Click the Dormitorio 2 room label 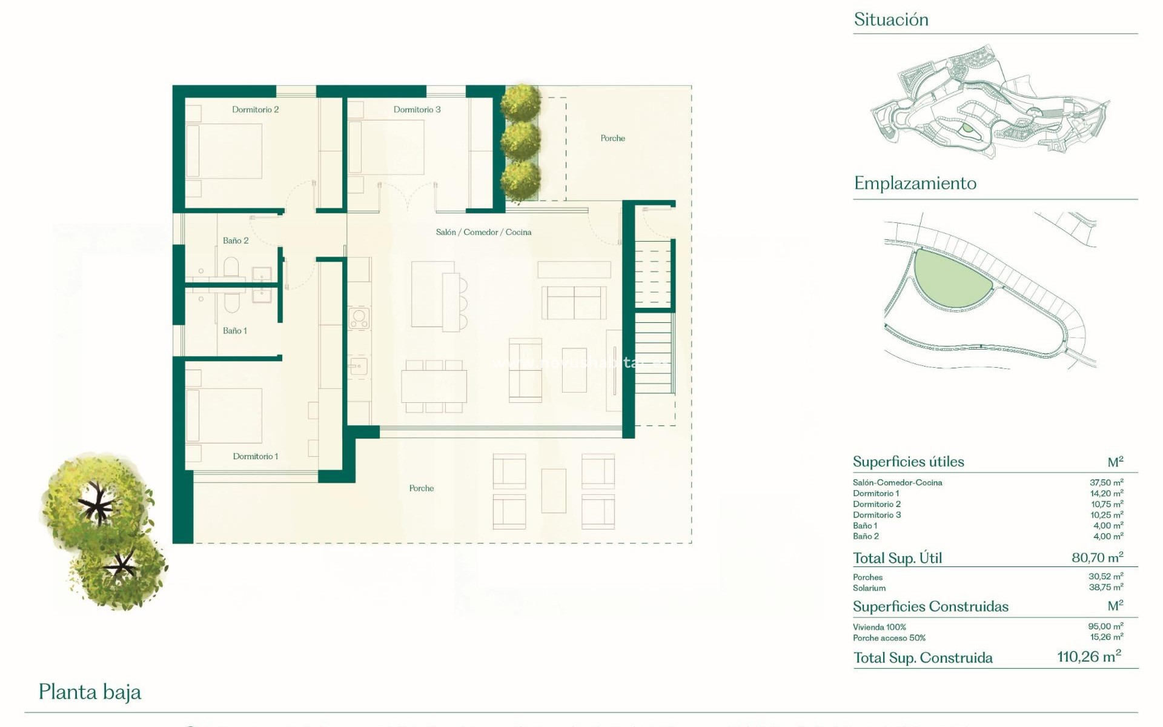pos(255,110)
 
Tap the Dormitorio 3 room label pos(417,110)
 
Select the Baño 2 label pos(236,241)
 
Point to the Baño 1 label pos(235,331)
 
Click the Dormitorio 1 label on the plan pos(256,456)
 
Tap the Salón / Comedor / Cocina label pos(483,232)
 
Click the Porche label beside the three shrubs pos(612,138)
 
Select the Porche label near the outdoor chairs pos(421,488)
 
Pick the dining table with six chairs pos(434,386)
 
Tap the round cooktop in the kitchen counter pos(359,317)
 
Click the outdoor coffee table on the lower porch pos(553,491)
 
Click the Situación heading pos(890,19)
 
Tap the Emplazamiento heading pos(915,183)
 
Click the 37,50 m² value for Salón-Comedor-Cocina pos(1106,483)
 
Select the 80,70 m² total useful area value pos(1097,557)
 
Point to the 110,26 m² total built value pos(1088,657)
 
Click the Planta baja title pos(90,692)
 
